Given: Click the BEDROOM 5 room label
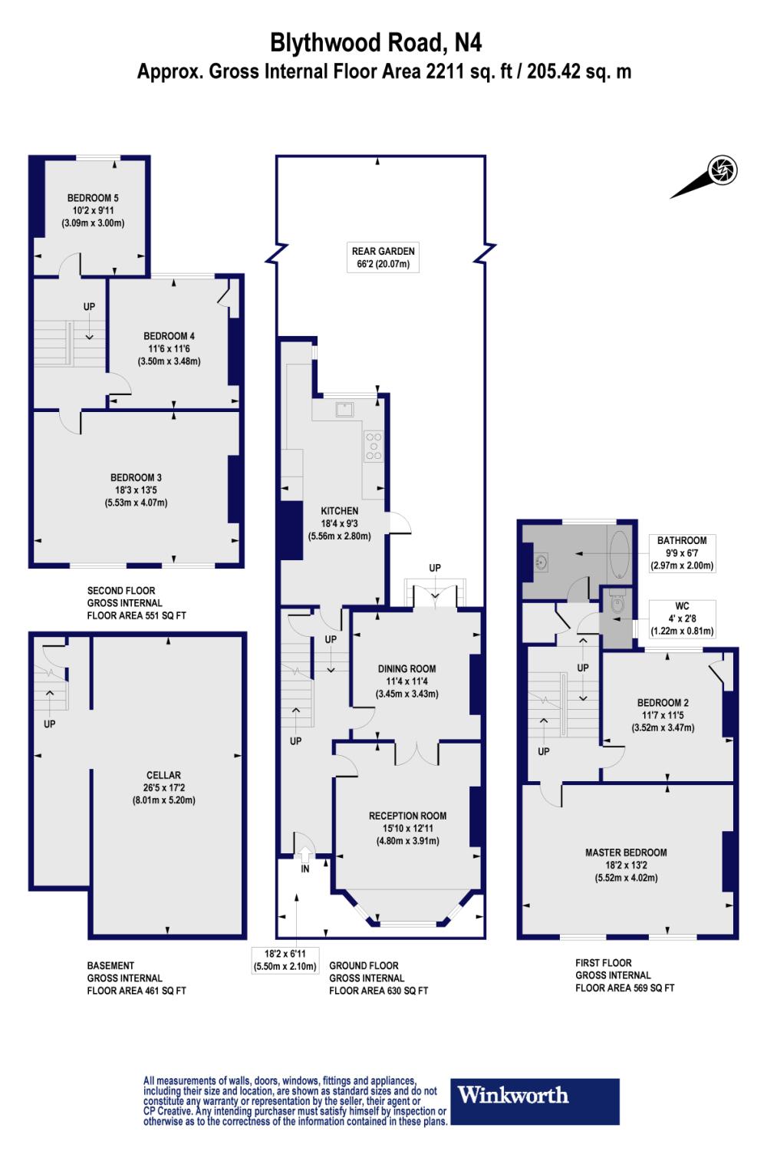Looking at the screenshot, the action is click(x=92, y=198).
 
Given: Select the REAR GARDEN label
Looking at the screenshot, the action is click(x=383, y=251).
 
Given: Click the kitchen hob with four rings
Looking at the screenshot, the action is click(x=374, y=445).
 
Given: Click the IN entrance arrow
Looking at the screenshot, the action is click(x=304, y=854).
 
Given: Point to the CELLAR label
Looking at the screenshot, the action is click(x=164, y=775).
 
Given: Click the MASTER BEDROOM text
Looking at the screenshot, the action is click(x=626, y=853).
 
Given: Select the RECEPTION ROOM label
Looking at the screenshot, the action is click(x=407, y=816).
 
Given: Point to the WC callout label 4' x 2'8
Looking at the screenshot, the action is click(x=682, y=618).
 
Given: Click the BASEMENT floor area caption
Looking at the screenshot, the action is click(x=137, y=978).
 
